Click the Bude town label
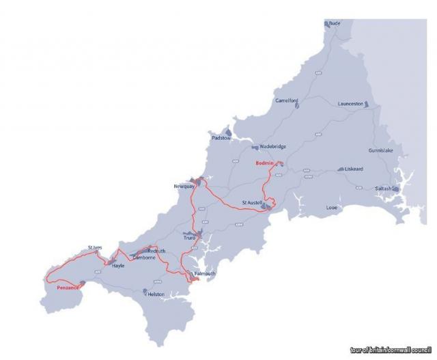pyautogui.click(x=335, y=23)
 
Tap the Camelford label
pyautogui.click(x=287, y=101)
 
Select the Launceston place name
pyautogui.click(x=351, y=104)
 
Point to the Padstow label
pyautogui.click(x=221, y=138)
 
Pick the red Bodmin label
pyautogui.click(x=264, y=163)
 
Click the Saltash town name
pyautogui.click(x=383, y=189)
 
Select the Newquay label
pyautogui.click(x=186, y=186)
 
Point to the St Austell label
pyautogui.click(x=254, y=203)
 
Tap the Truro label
pyautogui.click(x=189, y=238)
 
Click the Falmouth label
pyautogui.click(x=205, y=274)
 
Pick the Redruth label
pyautogui.click(x=156, y=251)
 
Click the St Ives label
pyautogui.click(x=95, y=247)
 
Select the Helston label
pyautogui.click(x=156, y=294)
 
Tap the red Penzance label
pyautogui.click(x=68, y=288)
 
